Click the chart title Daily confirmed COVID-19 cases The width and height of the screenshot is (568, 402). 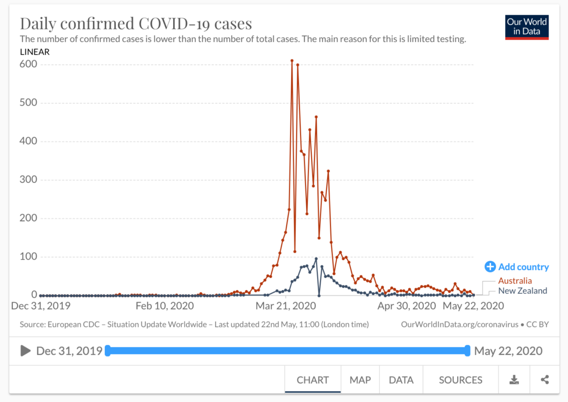[136, 24]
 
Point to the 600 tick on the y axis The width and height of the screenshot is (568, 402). [28, 64]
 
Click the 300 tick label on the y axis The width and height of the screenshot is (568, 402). [28, 180]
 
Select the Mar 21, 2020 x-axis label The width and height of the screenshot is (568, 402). [285, 306]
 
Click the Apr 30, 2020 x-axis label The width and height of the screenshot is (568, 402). [407, 306]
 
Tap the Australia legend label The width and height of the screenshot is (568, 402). [515, 281]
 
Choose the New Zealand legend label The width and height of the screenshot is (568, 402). [523, 291]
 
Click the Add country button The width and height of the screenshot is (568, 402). [516, 267]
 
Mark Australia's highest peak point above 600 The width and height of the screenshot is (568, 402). [292, 60]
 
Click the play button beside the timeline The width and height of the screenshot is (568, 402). [26, 350]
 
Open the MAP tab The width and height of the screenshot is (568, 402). [360, 380]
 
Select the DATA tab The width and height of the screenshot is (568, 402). [400, 380]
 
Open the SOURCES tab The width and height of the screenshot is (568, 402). [460, 380]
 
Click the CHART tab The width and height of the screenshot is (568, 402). [313, 380]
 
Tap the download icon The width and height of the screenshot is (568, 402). [514, 380]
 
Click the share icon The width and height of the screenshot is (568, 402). [545, 380]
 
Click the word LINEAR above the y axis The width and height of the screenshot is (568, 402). [35, 52]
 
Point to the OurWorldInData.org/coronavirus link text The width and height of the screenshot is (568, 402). [460, 324]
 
